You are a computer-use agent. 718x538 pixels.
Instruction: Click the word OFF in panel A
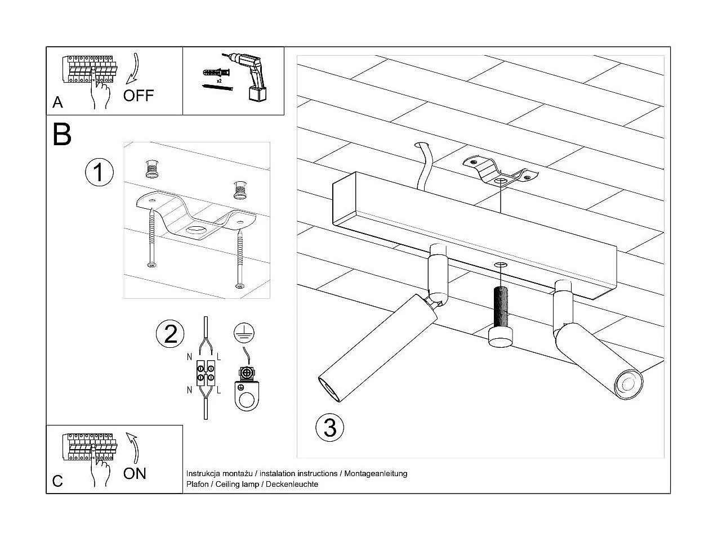[138, 96]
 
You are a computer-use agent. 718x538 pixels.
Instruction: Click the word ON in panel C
[135, 473]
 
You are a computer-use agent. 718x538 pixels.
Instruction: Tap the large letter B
[62, 134]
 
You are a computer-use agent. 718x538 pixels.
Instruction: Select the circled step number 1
[99, 172]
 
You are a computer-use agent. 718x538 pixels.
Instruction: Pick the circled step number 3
[329, 427]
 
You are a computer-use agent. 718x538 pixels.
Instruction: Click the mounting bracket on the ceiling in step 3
[498, 171]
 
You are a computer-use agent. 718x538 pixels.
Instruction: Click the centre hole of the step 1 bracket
[197, 230]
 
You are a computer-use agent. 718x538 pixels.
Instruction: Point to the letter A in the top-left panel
[58, 102]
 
